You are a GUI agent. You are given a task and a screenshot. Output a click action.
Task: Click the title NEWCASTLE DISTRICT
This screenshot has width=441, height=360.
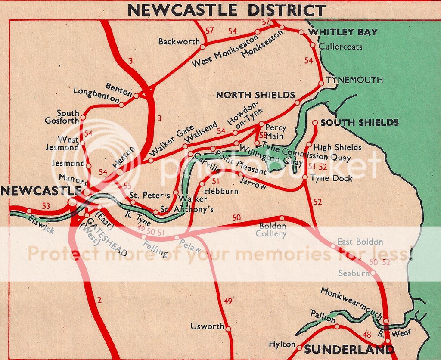pyautogui.click(x=227, y=9)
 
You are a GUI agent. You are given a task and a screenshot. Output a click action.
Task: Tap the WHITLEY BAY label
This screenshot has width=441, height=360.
pyautogui.click(x=343, y=32)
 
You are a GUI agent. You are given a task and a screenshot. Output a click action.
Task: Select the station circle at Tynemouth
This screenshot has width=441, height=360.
pyautogui.click(x=321, y=84)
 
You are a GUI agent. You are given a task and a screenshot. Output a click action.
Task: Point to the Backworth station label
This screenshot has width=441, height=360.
pyautogui.click(x=179, y=42)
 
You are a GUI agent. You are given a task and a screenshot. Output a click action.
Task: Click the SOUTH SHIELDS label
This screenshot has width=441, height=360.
pyautogui.click(x=360, y=123)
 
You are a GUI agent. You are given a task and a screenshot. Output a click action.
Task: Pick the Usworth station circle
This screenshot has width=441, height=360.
pyautogui.click(x=228, y=329)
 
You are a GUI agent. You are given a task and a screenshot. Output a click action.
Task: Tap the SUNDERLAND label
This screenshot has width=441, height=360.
pyautogui.click(x=349, y=349)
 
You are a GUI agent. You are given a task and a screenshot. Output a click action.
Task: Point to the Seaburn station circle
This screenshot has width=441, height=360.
pyautogui.click(x=373, y=273)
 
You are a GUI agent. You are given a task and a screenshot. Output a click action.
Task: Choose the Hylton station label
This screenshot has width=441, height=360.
pyautogui.click(x=282, y=345)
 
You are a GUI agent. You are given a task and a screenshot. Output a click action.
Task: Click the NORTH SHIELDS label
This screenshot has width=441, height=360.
pyautogui.click(x=255, y=95)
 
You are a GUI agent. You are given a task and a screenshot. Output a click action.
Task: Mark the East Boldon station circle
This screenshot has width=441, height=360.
pyautogui.click(x=333, y=246)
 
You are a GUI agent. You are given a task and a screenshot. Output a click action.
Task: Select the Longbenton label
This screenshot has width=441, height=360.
pyautogui.click(x=95, y=94)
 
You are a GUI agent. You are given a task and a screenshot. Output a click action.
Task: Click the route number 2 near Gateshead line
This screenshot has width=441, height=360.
pyautogui.click(x=99, y=300)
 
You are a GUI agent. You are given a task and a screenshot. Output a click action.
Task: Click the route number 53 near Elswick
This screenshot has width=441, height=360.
pyautogui.click(x=46, y=206)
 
